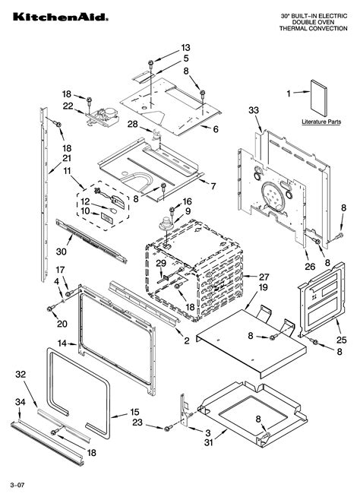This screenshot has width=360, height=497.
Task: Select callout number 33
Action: tap(253, 110)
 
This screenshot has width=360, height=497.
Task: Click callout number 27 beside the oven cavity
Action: tap(264, 277)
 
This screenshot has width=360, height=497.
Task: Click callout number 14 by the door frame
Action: tap(62, 343)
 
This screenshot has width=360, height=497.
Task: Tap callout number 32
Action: tap(21, 374)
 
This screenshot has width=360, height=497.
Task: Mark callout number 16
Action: tap(188, 201)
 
